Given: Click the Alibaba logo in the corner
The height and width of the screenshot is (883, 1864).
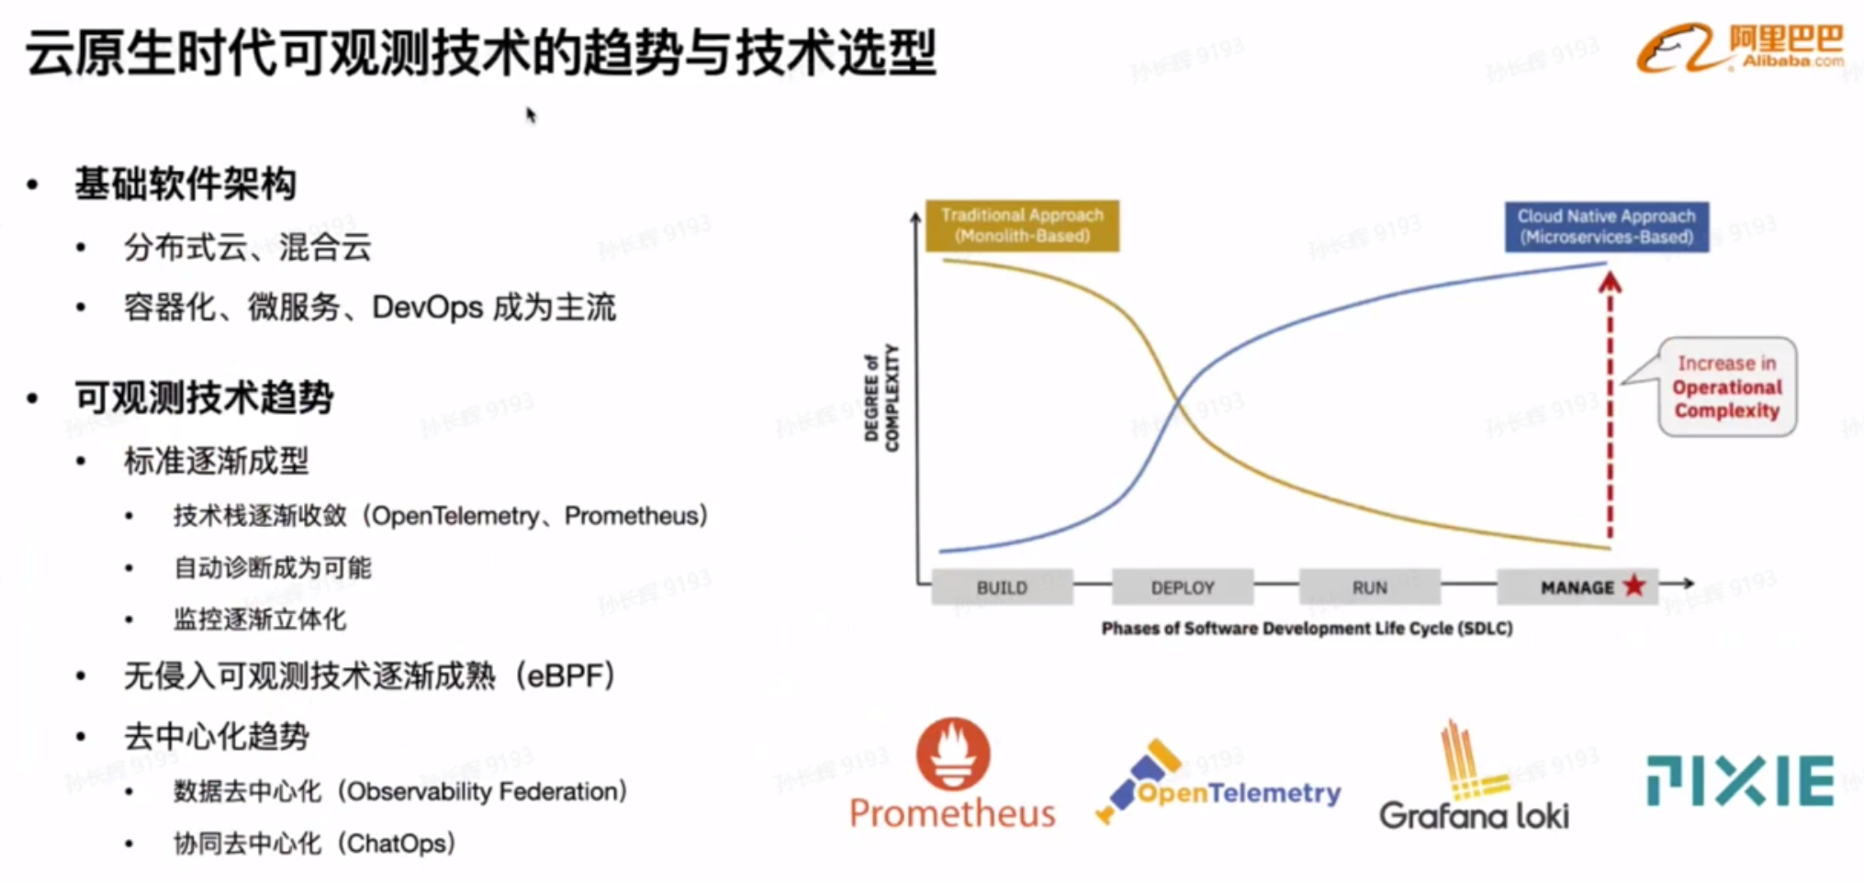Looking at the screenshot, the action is [1739, 48].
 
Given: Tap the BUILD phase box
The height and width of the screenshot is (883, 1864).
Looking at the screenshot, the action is [1002, 587].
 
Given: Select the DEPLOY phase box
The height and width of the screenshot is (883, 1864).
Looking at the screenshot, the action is [1183, 587].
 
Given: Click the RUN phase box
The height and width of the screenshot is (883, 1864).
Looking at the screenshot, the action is [1369, 587].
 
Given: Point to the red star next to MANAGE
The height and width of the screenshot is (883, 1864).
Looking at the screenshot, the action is [1634, 585].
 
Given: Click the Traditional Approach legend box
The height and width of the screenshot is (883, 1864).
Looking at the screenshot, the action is [1022, 225].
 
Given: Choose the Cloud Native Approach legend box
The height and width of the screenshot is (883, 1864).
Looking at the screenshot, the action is [1606, 227].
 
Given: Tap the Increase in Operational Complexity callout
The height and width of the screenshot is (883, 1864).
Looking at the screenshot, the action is [1727, 386].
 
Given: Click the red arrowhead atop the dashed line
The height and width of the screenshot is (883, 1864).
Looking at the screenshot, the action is [1609, 282].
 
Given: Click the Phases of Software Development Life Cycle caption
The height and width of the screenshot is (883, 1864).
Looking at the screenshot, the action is [1307, 629].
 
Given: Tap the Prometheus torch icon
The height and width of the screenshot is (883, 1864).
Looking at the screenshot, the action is [953, 754].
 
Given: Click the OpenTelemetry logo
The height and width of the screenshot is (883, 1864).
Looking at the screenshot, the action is [1218, 782].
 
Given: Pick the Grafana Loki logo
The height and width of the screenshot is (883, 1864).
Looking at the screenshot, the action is [1475, 776].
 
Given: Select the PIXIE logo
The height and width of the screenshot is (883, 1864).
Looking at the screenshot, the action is [1740, 781].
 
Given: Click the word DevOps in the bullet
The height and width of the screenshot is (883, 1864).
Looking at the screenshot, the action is [427, 307].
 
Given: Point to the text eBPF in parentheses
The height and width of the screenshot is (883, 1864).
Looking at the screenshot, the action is [566, 676].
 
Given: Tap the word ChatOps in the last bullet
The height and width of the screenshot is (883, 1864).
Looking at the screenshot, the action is [397, 844].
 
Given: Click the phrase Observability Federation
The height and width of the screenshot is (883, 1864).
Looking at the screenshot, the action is [482, 791].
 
